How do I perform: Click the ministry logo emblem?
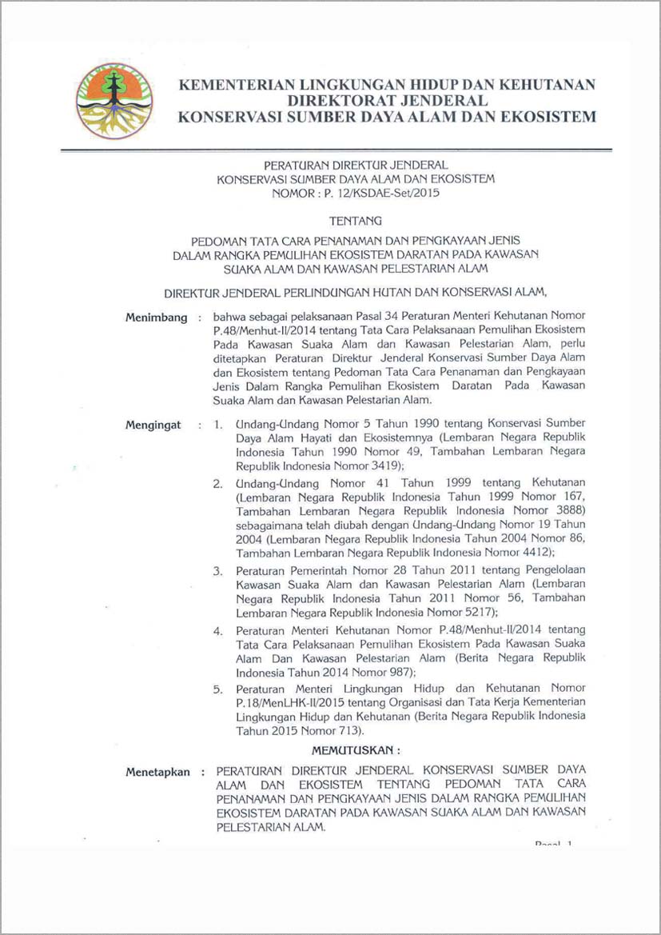pyautogui.click(x=113, y=102)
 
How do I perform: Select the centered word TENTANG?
pyautogui.click(x=356, y=219)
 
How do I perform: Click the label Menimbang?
pyautogui.click(x=156, y=318)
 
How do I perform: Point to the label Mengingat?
pyautogui.click(x=153, y=425)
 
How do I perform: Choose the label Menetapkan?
pyautogui.click(x=158, y=772)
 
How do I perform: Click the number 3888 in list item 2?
pyautogui.click(x=568, y=510)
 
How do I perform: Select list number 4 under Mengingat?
pyautogui.click(x=217, y=631)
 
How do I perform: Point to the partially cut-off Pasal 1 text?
pyautogui.click(x=554, y=844)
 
